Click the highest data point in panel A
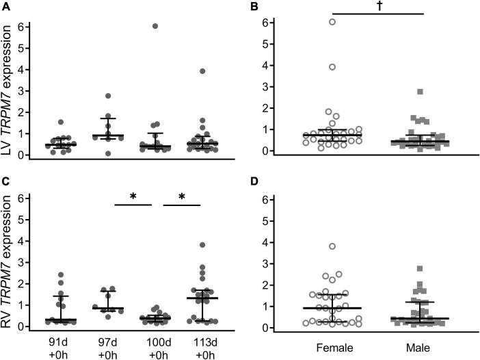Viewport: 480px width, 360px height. tap(155, 26)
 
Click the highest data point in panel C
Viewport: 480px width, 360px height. tap(203, 245)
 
